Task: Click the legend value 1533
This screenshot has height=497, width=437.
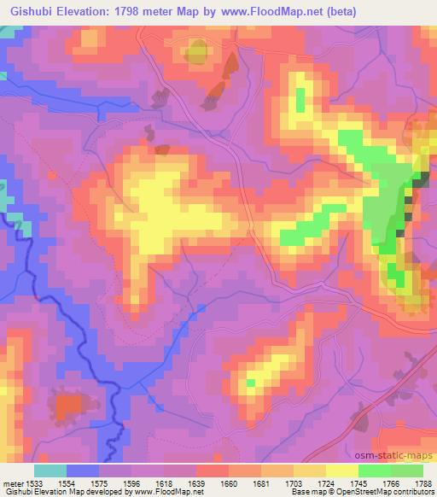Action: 36,482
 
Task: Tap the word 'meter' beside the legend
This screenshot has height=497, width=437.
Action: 13,482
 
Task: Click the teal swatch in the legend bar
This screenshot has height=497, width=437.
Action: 50,471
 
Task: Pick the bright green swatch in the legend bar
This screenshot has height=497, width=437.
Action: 375,471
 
